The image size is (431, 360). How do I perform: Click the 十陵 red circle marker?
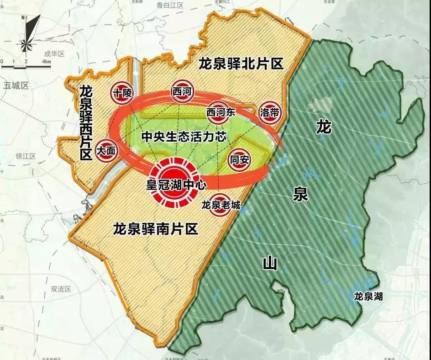121,94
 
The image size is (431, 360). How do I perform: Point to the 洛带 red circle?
268,111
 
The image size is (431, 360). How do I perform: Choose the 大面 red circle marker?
106,150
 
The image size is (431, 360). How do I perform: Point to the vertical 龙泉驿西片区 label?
85,122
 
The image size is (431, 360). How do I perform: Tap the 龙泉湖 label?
368,297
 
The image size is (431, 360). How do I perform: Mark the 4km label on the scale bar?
47,61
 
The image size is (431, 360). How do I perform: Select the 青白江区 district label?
169,5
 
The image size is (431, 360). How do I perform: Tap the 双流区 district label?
62,289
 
